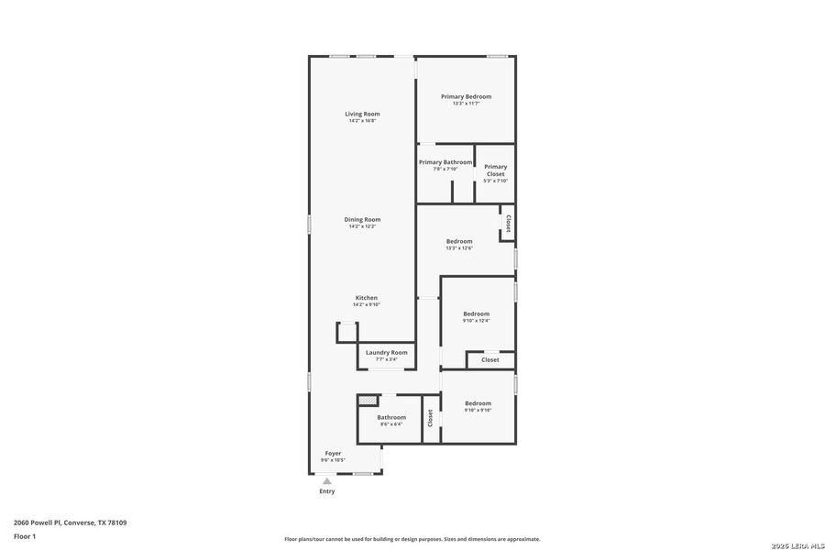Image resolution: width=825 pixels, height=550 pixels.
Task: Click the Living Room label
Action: click(x=362, y=114)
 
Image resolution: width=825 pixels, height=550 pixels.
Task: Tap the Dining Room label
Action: click(x=362, y=219)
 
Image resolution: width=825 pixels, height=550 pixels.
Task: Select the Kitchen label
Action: click(x=366, y=298)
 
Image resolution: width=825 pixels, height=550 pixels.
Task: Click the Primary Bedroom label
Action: click(x=466, y=96)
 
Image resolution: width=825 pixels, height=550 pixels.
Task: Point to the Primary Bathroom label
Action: click(x=445, y=162)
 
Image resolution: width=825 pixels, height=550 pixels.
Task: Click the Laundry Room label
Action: click(x=386, y=352)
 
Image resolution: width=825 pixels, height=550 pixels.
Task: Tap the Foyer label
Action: click(x=332, y=453)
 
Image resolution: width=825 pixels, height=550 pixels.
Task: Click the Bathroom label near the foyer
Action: click(x=390, y=417)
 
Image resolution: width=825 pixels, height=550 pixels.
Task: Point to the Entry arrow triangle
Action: click(x=326, y=480)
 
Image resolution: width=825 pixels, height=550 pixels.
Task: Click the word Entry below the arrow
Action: click(x=326, y=491)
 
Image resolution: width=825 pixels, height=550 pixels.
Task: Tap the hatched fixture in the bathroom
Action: click(x=368, y=401)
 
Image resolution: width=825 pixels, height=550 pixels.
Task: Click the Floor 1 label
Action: click(x=24, y=536)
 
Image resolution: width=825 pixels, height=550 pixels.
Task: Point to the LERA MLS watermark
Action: click(x=794, y=545)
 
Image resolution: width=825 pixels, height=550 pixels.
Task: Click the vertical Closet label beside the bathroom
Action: click(x=430, y=418)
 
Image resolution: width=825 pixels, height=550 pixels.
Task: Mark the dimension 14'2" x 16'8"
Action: click(x=362, y=121)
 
